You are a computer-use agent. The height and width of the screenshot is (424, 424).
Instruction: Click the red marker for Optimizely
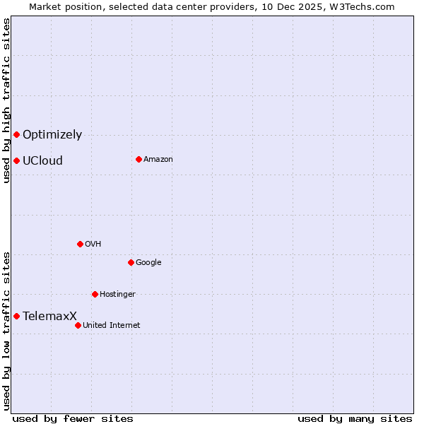pos(16,134)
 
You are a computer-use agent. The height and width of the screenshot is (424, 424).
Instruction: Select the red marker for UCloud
pos(16,160)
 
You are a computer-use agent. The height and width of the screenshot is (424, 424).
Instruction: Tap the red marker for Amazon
pos(139,159)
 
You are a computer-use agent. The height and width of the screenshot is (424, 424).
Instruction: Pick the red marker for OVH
pos(80,244)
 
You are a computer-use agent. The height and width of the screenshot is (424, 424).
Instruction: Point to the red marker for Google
pos(131,262)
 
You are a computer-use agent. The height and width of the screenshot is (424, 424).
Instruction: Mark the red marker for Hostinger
pos(95,294)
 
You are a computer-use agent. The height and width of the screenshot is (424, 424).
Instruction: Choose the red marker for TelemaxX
pos(16,316)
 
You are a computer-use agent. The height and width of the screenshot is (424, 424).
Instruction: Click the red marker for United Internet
pos(78,325)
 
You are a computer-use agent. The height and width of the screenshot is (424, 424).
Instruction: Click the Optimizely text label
pos(52,135)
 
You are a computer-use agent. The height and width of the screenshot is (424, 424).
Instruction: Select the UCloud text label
pos(42,161)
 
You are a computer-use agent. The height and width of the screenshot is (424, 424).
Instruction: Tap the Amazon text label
pos(158,160)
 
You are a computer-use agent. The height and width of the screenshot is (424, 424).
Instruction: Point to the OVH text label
pos(93,245)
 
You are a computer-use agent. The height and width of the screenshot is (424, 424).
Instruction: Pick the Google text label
pos(148,263)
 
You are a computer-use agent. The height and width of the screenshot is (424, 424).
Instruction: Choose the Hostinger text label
pos(117,295)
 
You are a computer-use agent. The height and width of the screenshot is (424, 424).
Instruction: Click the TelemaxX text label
pos(49,317)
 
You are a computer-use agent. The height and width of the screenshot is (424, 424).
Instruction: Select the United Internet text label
pos(112,326)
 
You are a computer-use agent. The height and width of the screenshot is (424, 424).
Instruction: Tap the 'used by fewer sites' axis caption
pos(73,418)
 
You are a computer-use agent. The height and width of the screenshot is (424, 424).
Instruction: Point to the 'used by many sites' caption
pos(355,418)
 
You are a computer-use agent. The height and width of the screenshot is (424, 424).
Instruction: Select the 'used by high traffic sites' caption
pos(7,100)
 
